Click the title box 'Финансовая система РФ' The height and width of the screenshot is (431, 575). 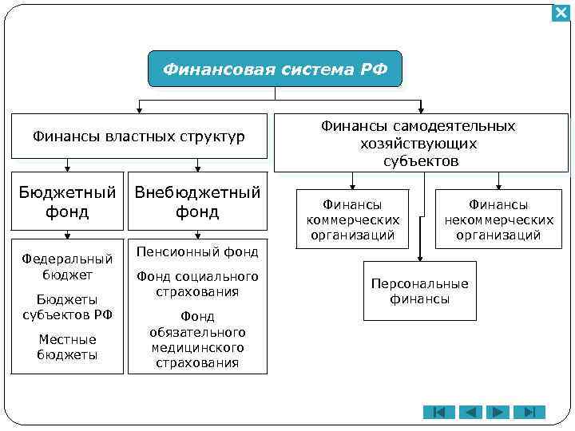[275, 69]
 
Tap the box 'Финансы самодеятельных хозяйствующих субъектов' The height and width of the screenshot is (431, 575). [421, 144]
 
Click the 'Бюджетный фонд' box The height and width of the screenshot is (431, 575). [68, 202]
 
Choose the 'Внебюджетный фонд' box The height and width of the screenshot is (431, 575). [197, 202]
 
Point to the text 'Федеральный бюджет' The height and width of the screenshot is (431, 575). [68, 267]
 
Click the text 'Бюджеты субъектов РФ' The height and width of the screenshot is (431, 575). [68, 306]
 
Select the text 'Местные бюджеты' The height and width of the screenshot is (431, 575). [68, 347]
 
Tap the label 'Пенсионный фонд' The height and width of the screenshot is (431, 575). [197, 252]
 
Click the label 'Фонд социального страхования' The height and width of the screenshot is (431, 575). [197, 284]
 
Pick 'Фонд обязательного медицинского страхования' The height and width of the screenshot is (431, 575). [197, 339]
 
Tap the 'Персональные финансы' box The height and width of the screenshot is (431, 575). [419, 292]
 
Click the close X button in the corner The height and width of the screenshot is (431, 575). [561, 14]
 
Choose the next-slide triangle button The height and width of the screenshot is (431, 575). [499, 412]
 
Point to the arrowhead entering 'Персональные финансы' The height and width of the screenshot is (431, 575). [419, 258]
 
